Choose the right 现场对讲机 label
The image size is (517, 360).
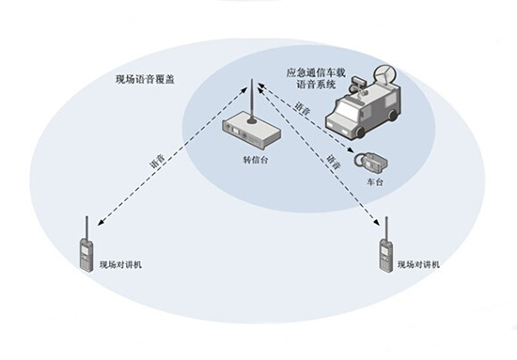coord(418,265)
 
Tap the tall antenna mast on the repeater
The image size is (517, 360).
coord(251,99)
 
